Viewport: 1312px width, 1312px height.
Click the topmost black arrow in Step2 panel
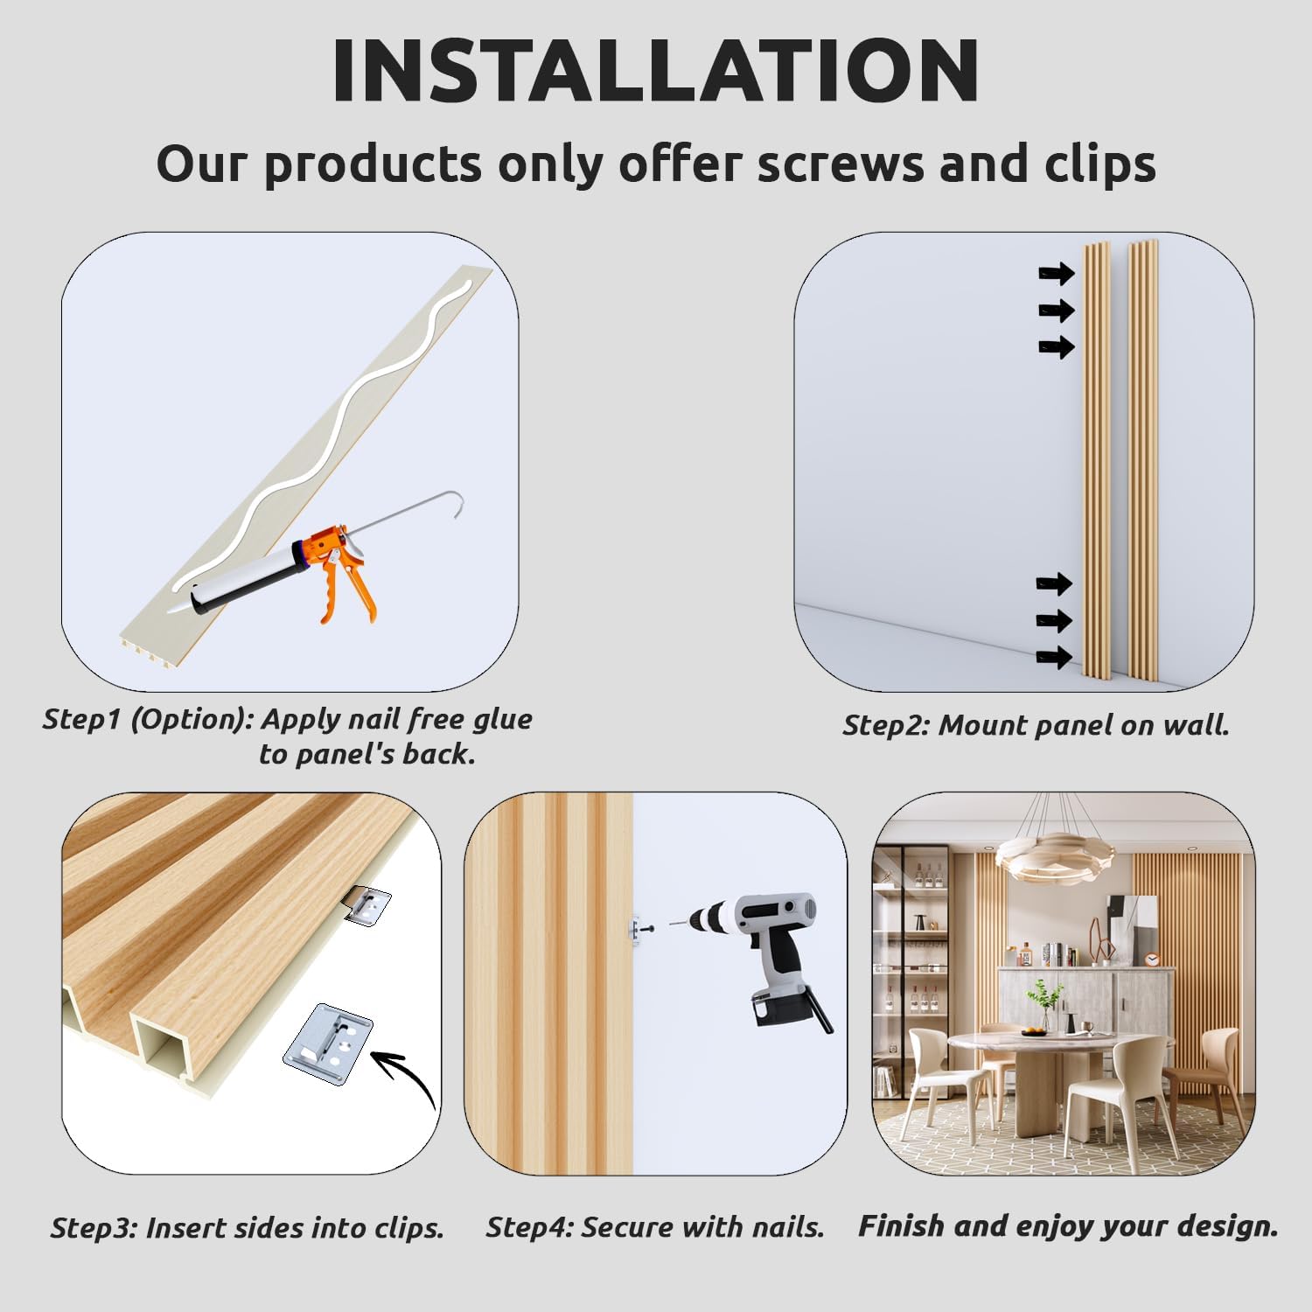pos(1057,275)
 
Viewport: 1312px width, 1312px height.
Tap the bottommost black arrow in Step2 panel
pos(1055,657)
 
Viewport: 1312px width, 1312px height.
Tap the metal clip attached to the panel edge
pos(366,906)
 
